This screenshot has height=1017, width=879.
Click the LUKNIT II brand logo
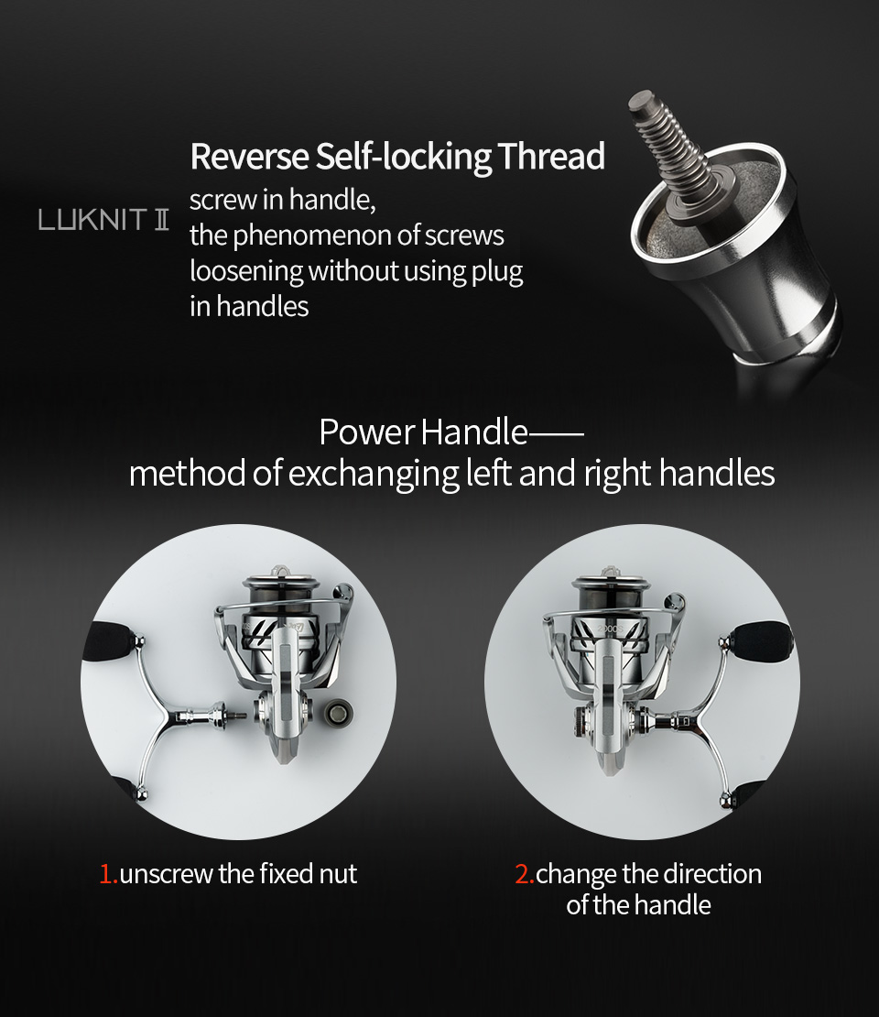103,220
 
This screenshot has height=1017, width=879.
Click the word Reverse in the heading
250,157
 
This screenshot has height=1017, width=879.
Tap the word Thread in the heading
551,157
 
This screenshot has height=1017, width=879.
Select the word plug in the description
497,272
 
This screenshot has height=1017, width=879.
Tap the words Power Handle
423,432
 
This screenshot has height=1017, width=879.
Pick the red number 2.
524,874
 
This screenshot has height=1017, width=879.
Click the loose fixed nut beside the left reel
339,712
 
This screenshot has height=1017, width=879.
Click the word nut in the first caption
338,875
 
